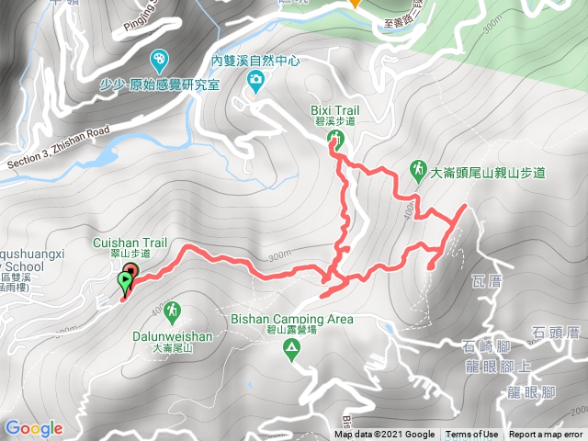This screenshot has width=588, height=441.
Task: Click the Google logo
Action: pyautogui.click(x=34, y=428)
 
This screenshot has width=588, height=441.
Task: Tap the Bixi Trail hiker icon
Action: pyautogui.click(x=336, y=140)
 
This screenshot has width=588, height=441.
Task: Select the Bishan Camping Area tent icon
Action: pyautogui.click(x=291, y=348)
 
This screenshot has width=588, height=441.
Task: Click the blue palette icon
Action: pyautogui.click(x=162, y=60)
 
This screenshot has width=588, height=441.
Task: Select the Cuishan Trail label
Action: pyautogui.click(x=130, y=248)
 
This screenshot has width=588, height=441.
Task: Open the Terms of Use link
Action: pyautogui.click(x=472, y=435)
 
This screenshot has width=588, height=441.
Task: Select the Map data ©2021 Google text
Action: pyautogui.click(x=385, y=435)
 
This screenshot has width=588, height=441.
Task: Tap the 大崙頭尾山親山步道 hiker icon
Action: pyautogui.click(x=417, y=169)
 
